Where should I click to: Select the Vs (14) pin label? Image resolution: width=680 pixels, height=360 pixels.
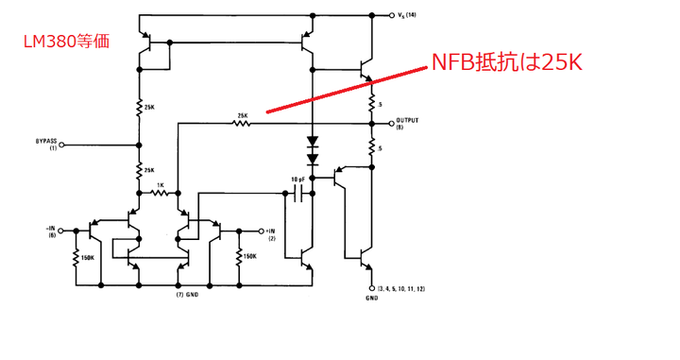click(x=409, y=16)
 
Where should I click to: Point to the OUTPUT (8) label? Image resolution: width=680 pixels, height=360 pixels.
click(x=408, y=123)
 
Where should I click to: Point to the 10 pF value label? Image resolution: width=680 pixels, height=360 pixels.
click(x=298, y=177)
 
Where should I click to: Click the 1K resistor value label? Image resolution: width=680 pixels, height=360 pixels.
click(x=161, y=185)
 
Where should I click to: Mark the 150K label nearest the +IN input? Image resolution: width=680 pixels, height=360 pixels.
click(x=249, y=256)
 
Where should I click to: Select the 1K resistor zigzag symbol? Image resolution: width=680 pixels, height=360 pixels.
click(x=161, y=194)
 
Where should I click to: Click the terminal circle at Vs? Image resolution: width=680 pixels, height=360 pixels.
click(x=390, y=15)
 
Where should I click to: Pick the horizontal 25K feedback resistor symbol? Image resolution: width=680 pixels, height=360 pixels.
click(x=242, y=123)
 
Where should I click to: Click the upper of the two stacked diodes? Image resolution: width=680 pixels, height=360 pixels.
click(x=311, y=143)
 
